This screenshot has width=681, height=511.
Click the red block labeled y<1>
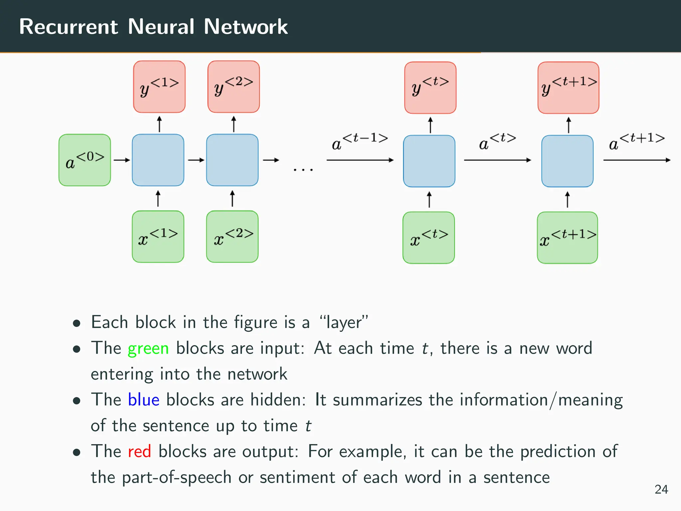click(159, 87)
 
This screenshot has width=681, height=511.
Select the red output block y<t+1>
click(568, 87)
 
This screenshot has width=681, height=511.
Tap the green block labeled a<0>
click(85, 160)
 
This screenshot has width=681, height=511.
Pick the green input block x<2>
click(232, 237)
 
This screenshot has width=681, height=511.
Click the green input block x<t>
click(429, 238)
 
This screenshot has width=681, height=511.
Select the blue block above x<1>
click(158, 160)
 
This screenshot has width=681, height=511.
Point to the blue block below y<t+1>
click(567, 161)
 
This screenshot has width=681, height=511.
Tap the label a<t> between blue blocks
click(497, 141)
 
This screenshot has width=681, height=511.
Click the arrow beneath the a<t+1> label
click(636, 160)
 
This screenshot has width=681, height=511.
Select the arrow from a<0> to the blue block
click(121, 160)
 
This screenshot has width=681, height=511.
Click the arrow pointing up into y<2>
click(234, 124)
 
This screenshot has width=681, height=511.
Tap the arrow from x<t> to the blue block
click(429, 199)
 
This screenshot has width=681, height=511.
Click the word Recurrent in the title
click(68, 27)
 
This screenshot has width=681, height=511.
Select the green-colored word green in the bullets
click(148, 349)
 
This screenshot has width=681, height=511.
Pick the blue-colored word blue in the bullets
click(144, 400)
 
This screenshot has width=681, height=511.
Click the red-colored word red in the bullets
click(139, 451)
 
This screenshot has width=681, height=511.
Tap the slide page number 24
click(661, 489)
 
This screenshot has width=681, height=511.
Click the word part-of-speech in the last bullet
click(177, 477)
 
